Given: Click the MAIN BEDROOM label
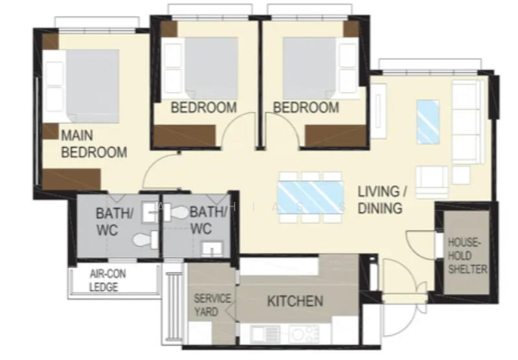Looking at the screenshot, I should [93, 144].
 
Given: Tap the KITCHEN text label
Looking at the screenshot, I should [295, 301].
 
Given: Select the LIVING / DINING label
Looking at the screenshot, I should [382, 199].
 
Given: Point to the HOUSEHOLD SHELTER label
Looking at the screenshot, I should [467, 256].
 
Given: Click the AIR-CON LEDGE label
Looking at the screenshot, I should [107, 280].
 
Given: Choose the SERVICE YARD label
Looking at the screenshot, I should [212, 305].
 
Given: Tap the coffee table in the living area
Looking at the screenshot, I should [427, 122].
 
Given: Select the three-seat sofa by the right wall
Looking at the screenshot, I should [465, 123].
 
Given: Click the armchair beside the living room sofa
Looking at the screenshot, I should [431, 180].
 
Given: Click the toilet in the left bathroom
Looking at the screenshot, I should [144, 240].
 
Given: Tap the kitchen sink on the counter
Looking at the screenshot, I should [264, 334].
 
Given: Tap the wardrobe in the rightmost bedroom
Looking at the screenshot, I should [327, 137].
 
